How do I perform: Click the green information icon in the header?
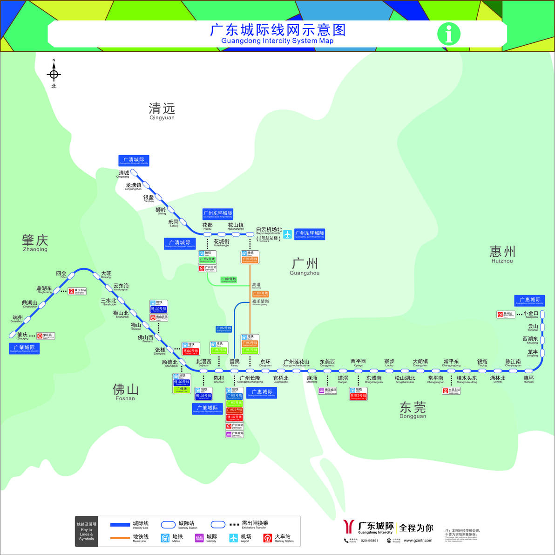[448, 34]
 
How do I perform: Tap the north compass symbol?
[54, 74]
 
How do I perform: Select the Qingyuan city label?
[162, 111]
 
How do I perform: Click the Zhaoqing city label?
[35, 242]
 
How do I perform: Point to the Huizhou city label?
[502, 254]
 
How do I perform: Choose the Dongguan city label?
[413, 410]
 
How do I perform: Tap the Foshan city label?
[125, 391]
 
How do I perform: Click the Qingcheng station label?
[123, 174]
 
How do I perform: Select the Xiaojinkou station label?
[530, 315]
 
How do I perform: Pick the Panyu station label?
[234, 363]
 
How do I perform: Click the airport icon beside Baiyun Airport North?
[287, 234]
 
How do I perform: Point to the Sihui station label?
[61, 274]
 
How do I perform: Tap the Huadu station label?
[207, 226]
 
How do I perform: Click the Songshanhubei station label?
[405, 379]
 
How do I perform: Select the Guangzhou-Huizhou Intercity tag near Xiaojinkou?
[529, 301]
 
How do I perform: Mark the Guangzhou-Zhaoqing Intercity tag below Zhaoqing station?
[24, 349]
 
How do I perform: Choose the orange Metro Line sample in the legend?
[120, 538]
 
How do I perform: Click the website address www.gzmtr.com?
[418, 541]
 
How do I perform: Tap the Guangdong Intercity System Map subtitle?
[277, 41]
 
